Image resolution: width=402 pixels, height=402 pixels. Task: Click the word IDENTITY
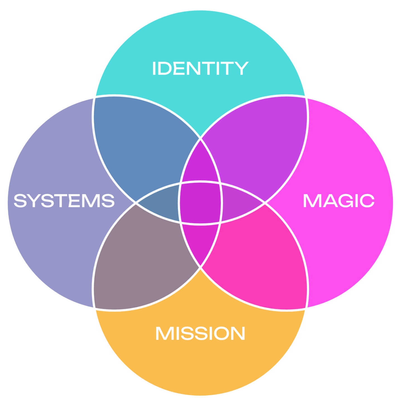coord(200,68)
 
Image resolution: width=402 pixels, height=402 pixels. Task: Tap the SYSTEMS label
coord(64,201)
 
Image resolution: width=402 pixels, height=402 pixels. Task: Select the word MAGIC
coord(339,201)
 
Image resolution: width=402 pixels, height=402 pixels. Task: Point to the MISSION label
coord(200,333)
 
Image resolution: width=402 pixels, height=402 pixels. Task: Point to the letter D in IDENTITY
coord(167,68)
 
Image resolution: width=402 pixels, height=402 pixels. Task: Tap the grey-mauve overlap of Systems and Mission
coord(140,257)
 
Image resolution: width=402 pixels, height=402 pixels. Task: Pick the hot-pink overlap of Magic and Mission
coord(260,257)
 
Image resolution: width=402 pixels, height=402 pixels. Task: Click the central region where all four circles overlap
coord(200,202)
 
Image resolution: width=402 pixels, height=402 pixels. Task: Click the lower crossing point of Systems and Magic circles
coord(200,267)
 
